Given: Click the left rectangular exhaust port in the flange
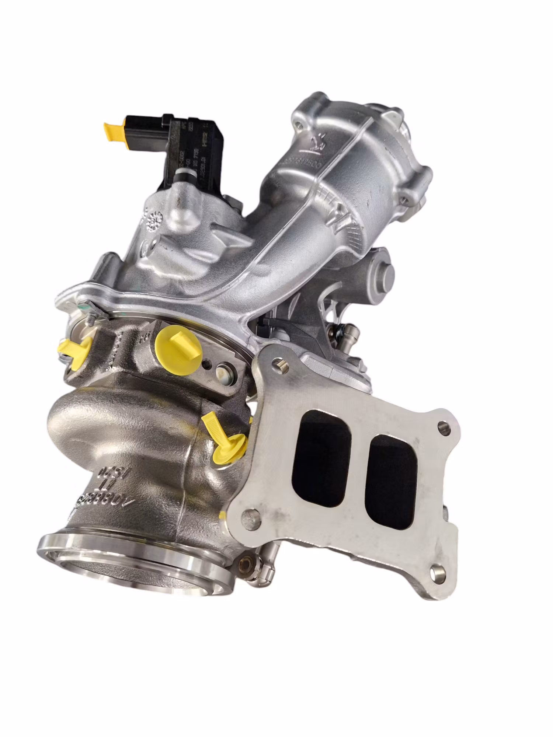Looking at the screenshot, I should [321, 457].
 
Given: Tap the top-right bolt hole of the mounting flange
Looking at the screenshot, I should [444, 427].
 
